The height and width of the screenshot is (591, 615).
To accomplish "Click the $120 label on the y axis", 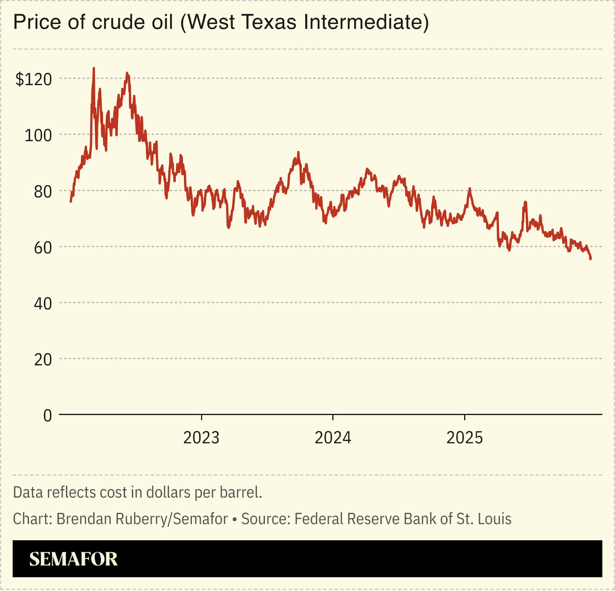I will click(33, 79).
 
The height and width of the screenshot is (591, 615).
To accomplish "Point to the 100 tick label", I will click(38, 135).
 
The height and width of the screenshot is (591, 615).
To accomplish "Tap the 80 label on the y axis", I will click(43, 191).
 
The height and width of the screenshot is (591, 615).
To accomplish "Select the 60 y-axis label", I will click(43, 248).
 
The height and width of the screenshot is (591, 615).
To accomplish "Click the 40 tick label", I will click(43, 304).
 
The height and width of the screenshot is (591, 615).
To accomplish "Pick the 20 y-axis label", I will click(43, 360).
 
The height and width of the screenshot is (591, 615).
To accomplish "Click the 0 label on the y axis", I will click(47, 416).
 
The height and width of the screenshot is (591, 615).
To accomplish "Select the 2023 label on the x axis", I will click(201, 438).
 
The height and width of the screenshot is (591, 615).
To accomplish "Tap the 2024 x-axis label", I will click(333, 438).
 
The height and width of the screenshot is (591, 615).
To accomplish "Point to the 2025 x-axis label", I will click(464, 438).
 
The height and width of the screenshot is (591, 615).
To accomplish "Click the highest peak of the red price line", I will click(94, 68).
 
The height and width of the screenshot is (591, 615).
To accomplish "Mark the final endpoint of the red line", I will click(590, 259).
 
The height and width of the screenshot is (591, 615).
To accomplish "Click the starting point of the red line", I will click(71, 201).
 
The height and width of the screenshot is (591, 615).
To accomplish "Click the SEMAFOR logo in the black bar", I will click(73, 559).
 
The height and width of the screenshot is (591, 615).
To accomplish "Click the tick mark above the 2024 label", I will click(333, 418).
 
